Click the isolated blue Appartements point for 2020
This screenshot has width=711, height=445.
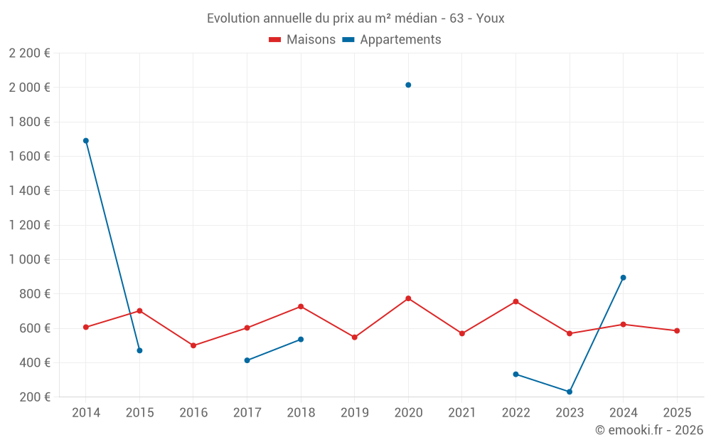(x=408, y=85)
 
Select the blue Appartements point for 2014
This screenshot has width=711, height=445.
(x=86, y=141)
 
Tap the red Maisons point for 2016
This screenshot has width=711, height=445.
(x=193, y=345)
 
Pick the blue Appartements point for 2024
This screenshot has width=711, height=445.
(x=623, y=278)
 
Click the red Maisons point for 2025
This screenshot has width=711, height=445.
(x=677, y=330)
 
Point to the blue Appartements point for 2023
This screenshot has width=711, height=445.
(x=570, y=392)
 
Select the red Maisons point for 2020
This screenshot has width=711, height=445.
(x=408, y=298)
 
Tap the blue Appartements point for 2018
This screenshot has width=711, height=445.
(x=301, y=339)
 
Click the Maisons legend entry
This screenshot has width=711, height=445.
(x=302, y=40)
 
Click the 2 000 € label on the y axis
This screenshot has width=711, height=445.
(x=29, y=88)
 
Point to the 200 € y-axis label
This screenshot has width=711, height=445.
(x=33, y=397)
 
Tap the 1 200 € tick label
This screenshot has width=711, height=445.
(x=29, y=225)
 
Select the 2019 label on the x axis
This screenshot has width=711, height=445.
(x=354, y=412)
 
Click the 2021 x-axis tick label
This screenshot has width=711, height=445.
(x=462, y=412)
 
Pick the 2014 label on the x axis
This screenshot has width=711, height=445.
(x=86, y=412)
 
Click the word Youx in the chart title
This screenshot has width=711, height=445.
(x=490, y=18)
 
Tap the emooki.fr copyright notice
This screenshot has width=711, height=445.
(x=649, y=430)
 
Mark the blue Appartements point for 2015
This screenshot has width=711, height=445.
(x=139, y=350)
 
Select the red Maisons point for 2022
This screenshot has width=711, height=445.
(x=515, y=301)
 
